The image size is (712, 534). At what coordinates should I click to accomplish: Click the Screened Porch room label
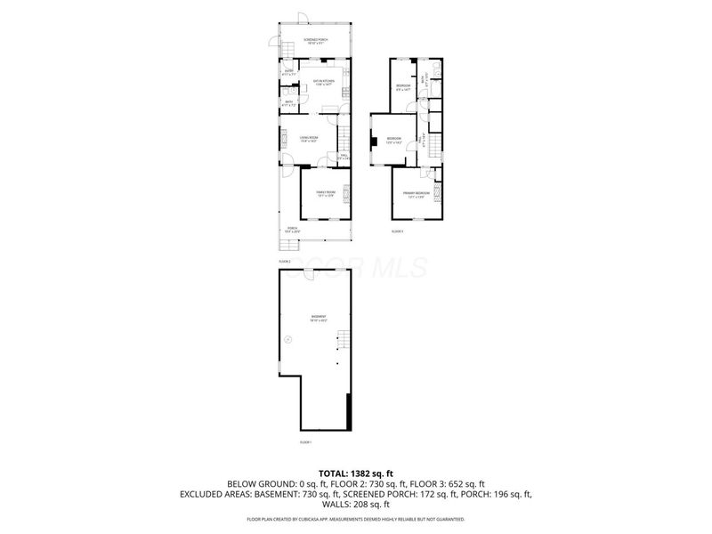point(317,41)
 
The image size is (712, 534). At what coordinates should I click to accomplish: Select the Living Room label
point(309,137)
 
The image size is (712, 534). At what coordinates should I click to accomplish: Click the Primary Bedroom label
point(417,193)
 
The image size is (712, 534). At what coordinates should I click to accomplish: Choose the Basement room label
point(318,318)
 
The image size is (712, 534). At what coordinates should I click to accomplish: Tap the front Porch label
point(293,229)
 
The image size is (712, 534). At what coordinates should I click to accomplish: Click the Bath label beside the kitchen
point(288,102)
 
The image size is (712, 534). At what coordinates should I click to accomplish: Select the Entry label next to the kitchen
point(288,71)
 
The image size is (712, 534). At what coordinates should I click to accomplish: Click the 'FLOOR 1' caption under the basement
point(305,442)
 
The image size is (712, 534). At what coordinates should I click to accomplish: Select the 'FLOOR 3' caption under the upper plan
point(397,231)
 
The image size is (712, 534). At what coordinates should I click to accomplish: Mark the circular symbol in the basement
point(288,339)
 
